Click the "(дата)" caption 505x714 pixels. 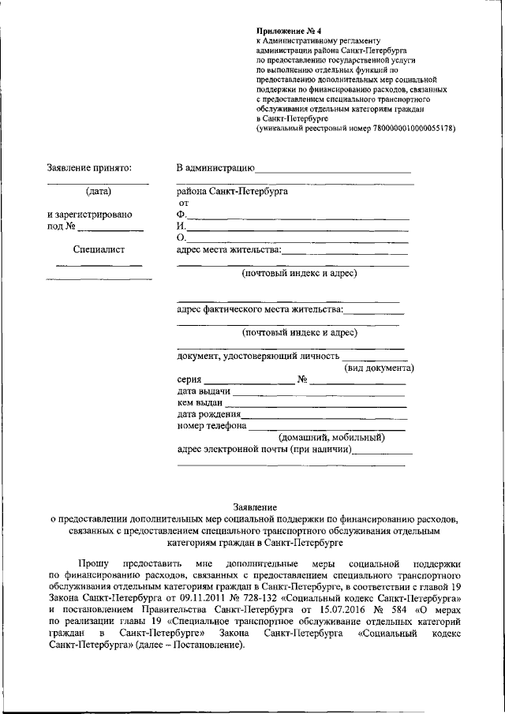[x=99, y=191]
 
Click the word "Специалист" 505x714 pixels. [x=99, y=250]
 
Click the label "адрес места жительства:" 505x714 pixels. [x=228, y=250]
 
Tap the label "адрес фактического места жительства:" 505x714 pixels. [x=260, y=310]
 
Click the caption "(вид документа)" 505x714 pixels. [x=379, y=368]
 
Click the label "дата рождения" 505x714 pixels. [x=209, y=415]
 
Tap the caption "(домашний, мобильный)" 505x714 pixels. [x=331, y=437]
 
